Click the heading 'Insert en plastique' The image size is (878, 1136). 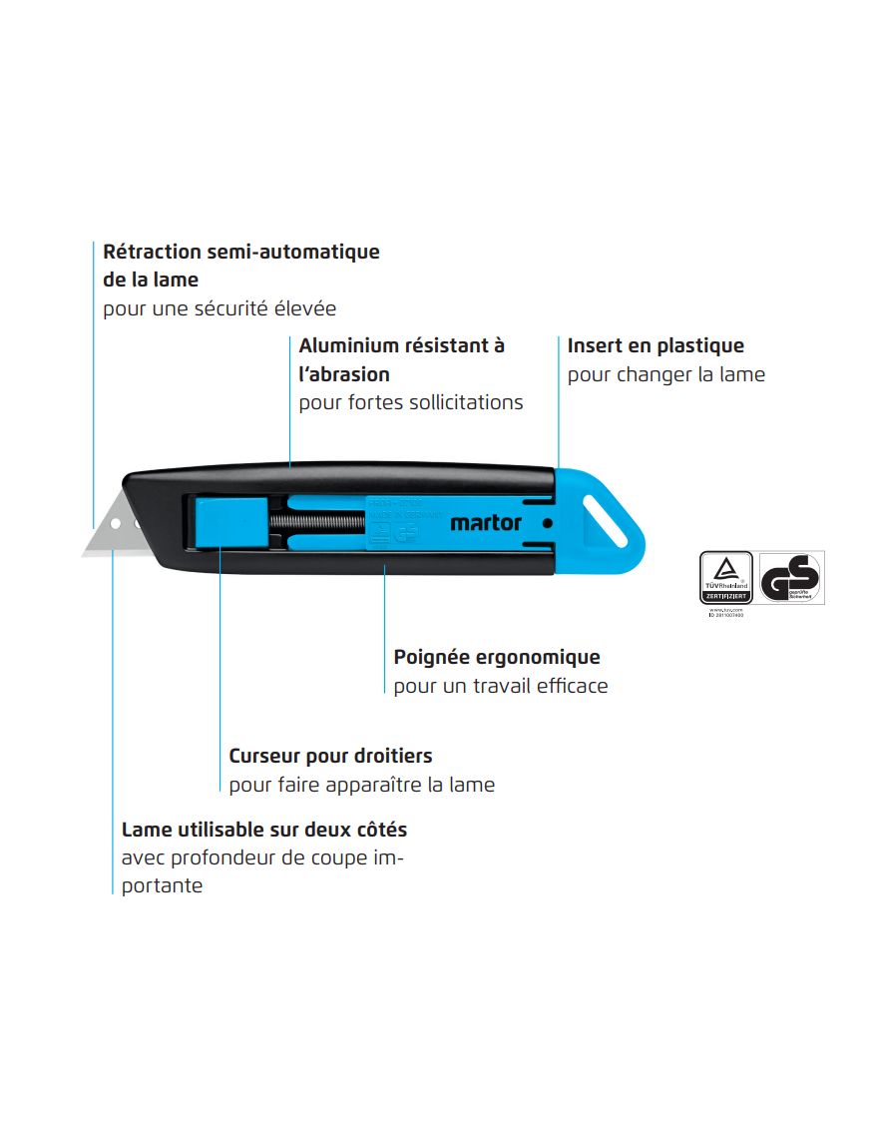click(656, 346)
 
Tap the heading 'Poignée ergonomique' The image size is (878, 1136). click(497, 658)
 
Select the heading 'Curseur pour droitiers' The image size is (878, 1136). click(330, 756)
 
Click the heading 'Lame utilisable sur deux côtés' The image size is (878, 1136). click(264, 830)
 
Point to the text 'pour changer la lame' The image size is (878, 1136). click(665, 375)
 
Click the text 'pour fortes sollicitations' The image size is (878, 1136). click(411, 403)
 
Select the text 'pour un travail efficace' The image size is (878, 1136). click(500, 686)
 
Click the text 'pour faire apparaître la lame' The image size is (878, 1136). click(361, 785)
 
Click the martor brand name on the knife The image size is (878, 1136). click(486, 522)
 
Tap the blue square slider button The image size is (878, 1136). click(228, 522)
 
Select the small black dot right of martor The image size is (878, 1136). click(547, 522)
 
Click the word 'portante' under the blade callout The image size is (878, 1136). click(162, 885)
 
